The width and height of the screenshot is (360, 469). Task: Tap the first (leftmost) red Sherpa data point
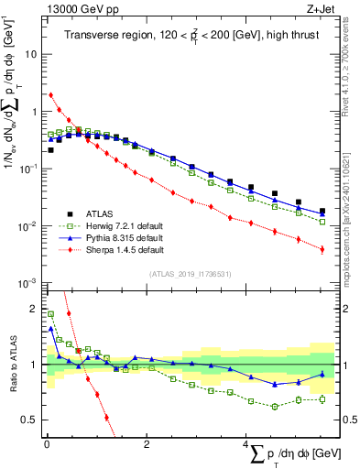(x=50, y=94)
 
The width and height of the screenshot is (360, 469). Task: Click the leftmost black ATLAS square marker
(x=50, y=149)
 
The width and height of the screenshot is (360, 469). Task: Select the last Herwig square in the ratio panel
(x=322, y=399)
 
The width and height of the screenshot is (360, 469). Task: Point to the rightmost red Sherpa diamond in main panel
(x=322, y=248)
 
